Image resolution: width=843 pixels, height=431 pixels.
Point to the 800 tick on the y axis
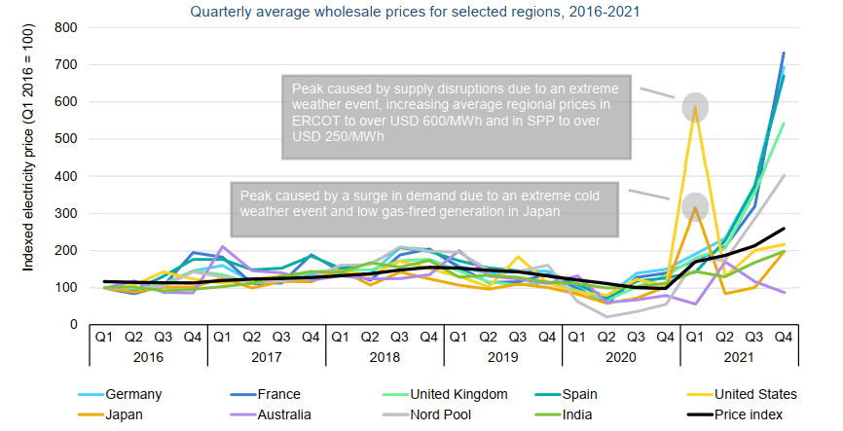pyautogui.click(x=65, y=27)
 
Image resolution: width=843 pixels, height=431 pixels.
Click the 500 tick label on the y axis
pyautogui.click(x=65, y=139)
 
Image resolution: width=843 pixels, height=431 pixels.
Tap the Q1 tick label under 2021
pyautogui.click(x=695, y=336)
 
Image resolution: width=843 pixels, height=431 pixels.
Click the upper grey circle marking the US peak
pyautogui.click(x=695, y=107)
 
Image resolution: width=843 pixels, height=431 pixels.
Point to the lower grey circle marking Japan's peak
pyautogui.click(x=695, y=206)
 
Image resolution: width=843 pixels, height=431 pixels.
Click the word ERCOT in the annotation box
pyautogui.click(x=311, y=122)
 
